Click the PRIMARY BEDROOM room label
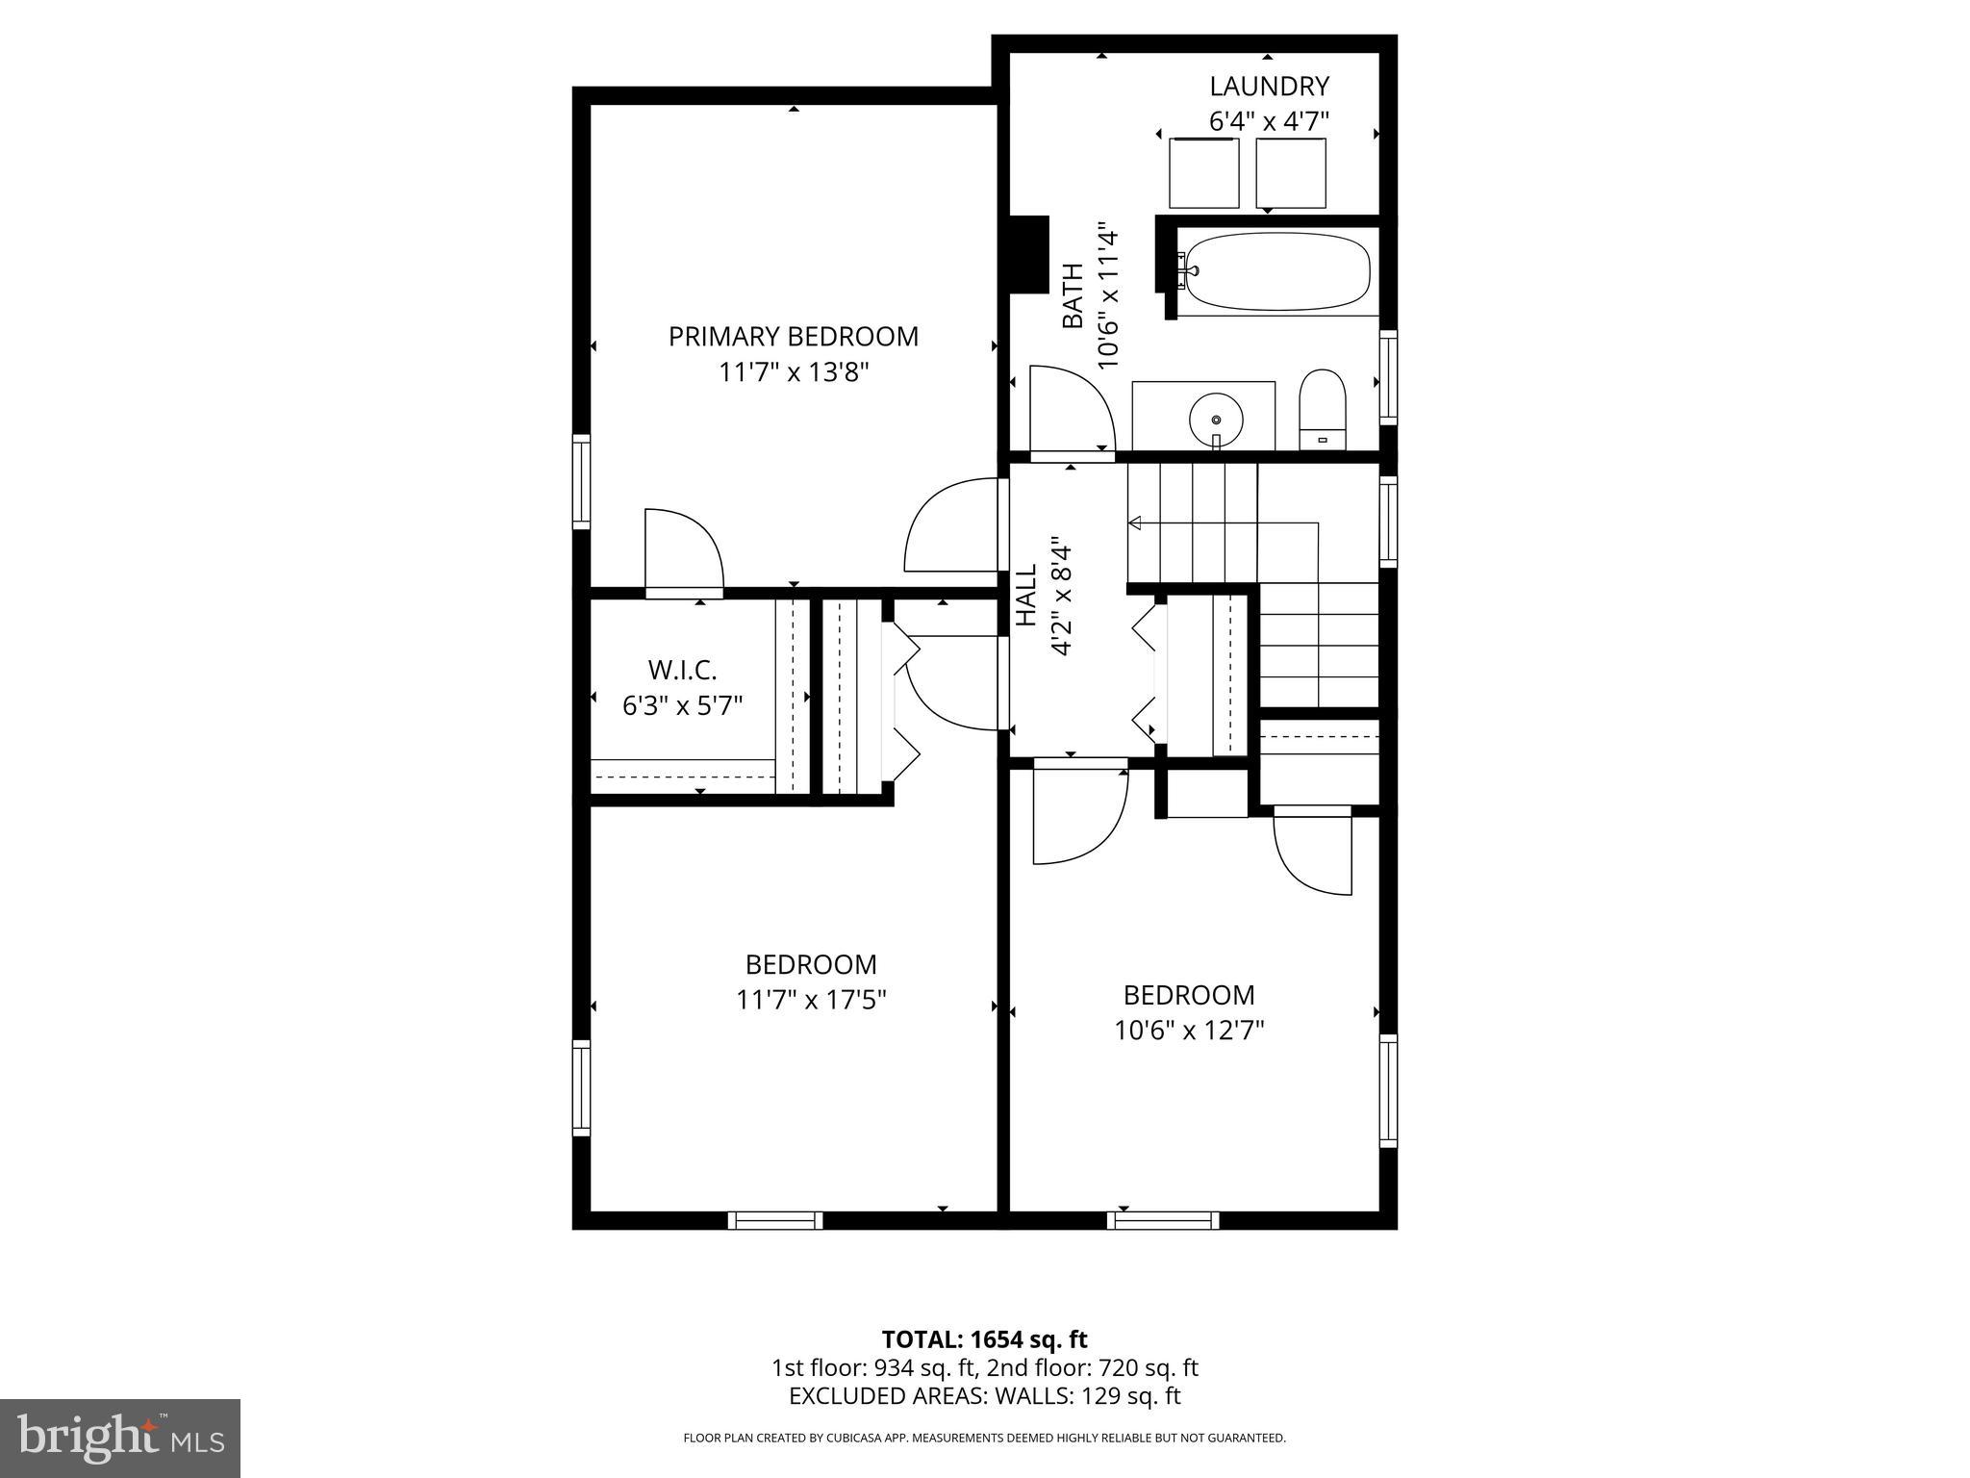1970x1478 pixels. tap(794, 337)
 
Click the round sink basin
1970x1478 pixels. tap(1216, 420)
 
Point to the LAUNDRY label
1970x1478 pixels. tap(1269, 87)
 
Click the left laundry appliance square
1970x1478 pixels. tap(1203, 173)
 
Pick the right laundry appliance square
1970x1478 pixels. tap(1291, 173)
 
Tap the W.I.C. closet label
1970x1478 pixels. tap(682, 670)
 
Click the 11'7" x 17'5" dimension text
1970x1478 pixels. tap(811, 1001)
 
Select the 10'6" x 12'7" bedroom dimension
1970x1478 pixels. tap(1189, 1031)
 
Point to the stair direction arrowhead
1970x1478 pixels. tap(1135, 523)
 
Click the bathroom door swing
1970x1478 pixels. tap(1068, 409)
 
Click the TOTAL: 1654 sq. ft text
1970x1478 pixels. tap(984, 1339)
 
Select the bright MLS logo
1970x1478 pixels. tap(120, 1438)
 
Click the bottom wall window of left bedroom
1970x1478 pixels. tap(775, 1220)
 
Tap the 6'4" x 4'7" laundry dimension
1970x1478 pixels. tap(1269, 122)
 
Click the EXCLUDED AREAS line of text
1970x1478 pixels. tap(984, 1395)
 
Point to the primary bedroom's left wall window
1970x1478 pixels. tap(581, 481)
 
